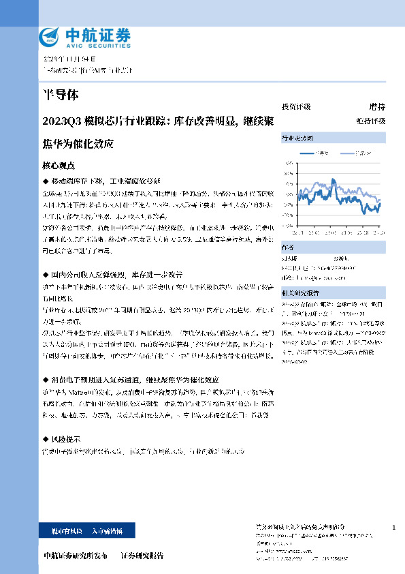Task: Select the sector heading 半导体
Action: coord(57,95)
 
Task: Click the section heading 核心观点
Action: coord(59,166)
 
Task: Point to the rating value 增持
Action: coord(376,107)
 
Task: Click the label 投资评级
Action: coord(296,107)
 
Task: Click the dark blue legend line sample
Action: coord(310,153)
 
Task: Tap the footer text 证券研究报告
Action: coord(142,556)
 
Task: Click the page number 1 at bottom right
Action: coord(394,528)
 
